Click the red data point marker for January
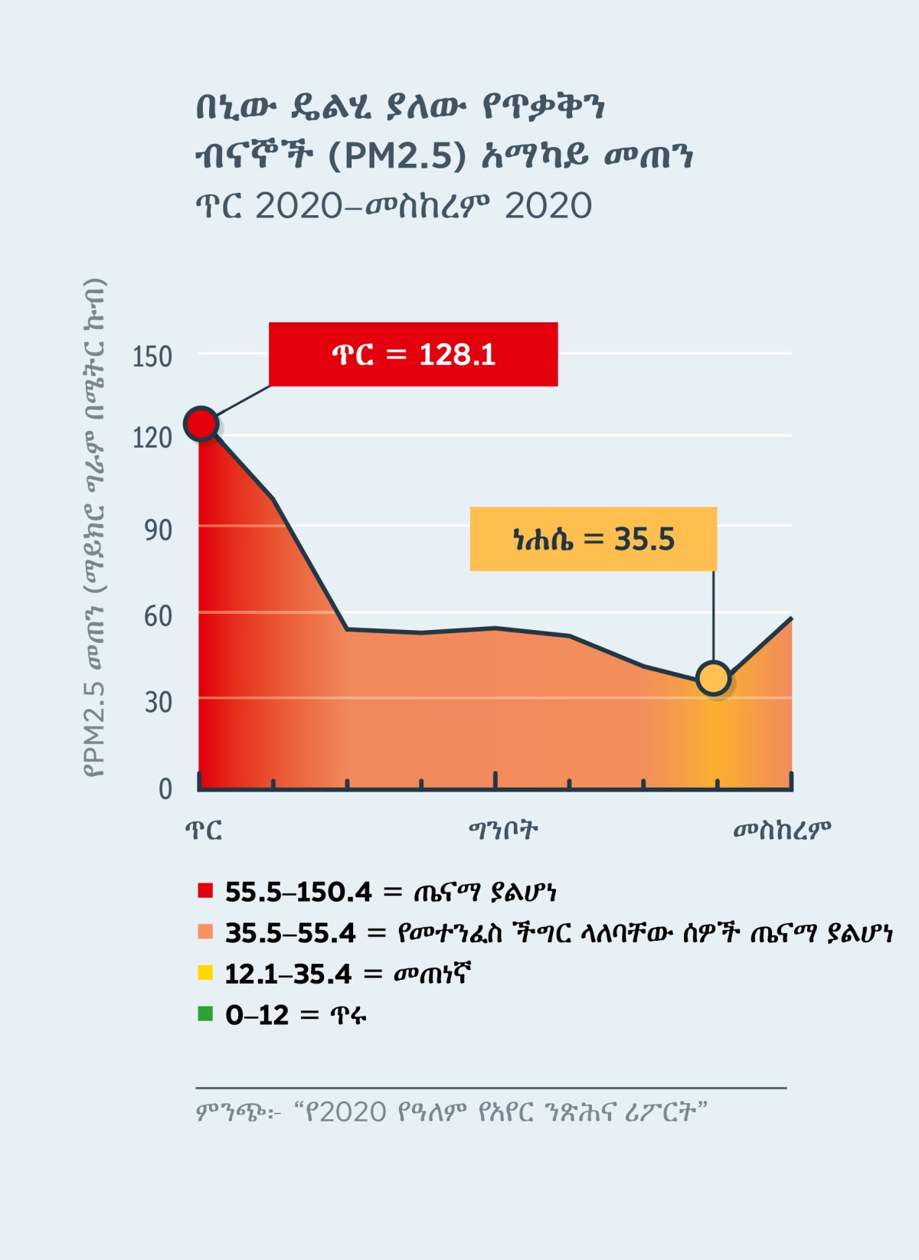point(201,423)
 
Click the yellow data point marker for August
point(714,678)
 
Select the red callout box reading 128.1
point(413,354)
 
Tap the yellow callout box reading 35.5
point(593,539)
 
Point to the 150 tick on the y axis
point(152,357)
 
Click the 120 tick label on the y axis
point(152,438)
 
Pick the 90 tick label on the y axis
point(158,530)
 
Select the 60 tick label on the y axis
point(158,616)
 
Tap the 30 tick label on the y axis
point(158,702)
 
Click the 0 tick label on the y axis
point(165,788)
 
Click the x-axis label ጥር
point(204,831)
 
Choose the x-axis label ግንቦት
point(503,830)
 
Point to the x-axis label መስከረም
point(781,831)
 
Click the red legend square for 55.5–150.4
point(205,890)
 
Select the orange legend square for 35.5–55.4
point(205,932)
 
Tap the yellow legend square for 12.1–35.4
point(205,973)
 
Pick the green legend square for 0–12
point(205,1014)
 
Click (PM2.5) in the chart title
point(397,156)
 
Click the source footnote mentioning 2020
point(451,1111)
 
